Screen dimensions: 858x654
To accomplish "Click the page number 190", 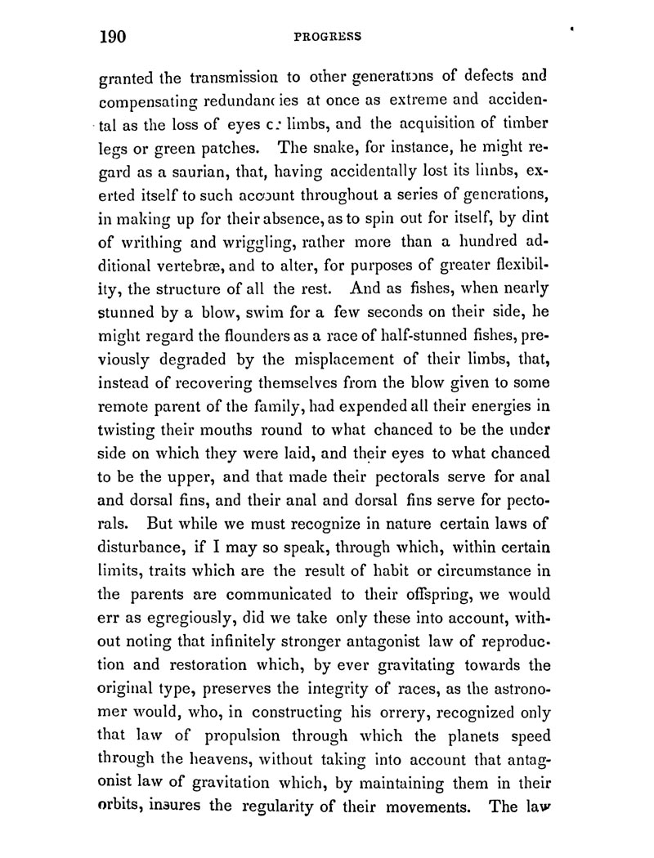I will click(x=116, y=37).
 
